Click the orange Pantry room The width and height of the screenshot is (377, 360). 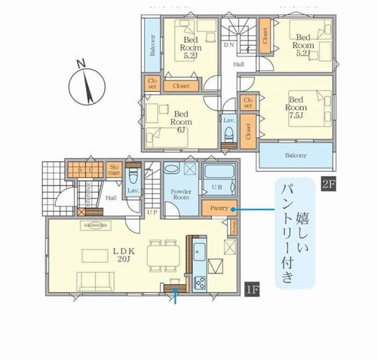click(x=215, y=208)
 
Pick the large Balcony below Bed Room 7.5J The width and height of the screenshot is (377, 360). click(x=296, y=156)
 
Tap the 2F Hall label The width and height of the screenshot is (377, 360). click(x=238, y=65)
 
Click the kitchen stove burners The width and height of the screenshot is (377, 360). click(x=201, y=284)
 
